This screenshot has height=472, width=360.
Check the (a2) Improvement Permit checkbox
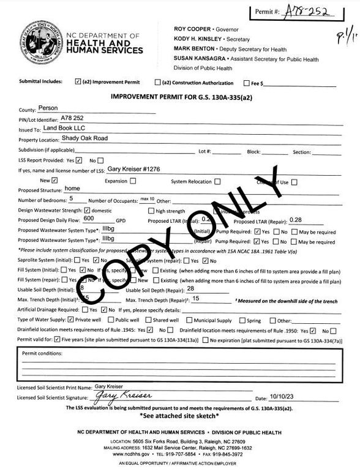point(77,81)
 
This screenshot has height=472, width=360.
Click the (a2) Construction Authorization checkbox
point(157,82)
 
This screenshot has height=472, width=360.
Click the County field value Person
point(48,107)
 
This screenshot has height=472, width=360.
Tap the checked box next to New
point(55,181)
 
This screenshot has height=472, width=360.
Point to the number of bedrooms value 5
point(72,199)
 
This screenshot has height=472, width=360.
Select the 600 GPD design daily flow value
point(89,218)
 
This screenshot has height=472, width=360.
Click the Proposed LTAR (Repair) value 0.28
point(297,219)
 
